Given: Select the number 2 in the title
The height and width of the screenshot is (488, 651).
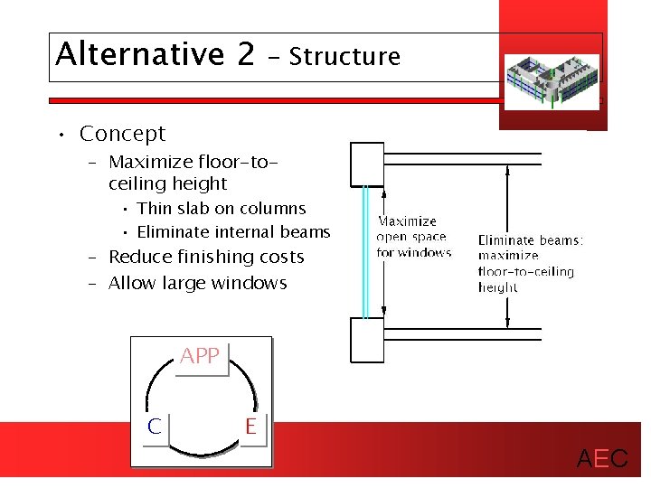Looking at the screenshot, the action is [246, 54].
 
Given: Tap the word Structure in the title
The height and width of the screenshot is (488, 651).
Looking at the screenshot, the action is [344, 57].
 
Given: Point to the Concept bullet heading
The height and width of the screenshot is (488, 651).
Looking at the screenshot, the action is [122, 134].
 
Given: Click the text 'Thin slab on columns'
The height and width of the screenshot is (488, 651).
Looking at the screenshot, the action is [222, 209].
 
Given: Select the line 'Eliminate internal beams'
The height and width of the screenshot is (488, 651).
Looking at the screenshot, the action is [233, 232].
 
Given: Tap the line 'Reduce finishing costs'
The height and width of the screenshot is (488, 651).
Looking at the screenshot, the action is [206, 258].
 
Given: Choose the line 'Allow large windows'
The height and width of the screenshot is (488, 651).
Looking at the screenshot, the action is [197, 284].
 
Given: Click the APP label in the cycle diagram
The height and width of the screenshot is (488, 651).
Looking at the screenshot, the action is [200, 356].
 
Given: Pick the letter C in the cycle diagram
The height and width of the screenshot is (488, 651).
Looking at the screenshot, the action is [155, 427].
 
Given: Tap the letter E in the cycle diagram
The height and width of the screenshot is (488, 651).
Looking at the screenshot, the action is [250, 426].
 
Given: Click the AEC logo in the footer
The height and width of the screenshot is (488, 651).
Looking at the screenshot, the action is [602, 459].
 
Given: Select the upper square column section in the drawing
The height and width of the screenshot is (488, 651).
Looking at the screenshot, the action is [366, 164].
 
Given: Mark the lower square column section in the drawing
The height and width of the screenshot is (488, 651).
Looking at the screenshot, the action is [366, 339].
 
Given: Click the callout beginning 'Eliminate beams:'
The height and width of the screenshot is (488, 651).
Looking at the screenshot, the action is [531, 264].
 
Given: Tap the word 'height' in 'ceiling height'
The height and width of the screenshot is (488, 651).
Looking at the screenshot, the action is [204, 184].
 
